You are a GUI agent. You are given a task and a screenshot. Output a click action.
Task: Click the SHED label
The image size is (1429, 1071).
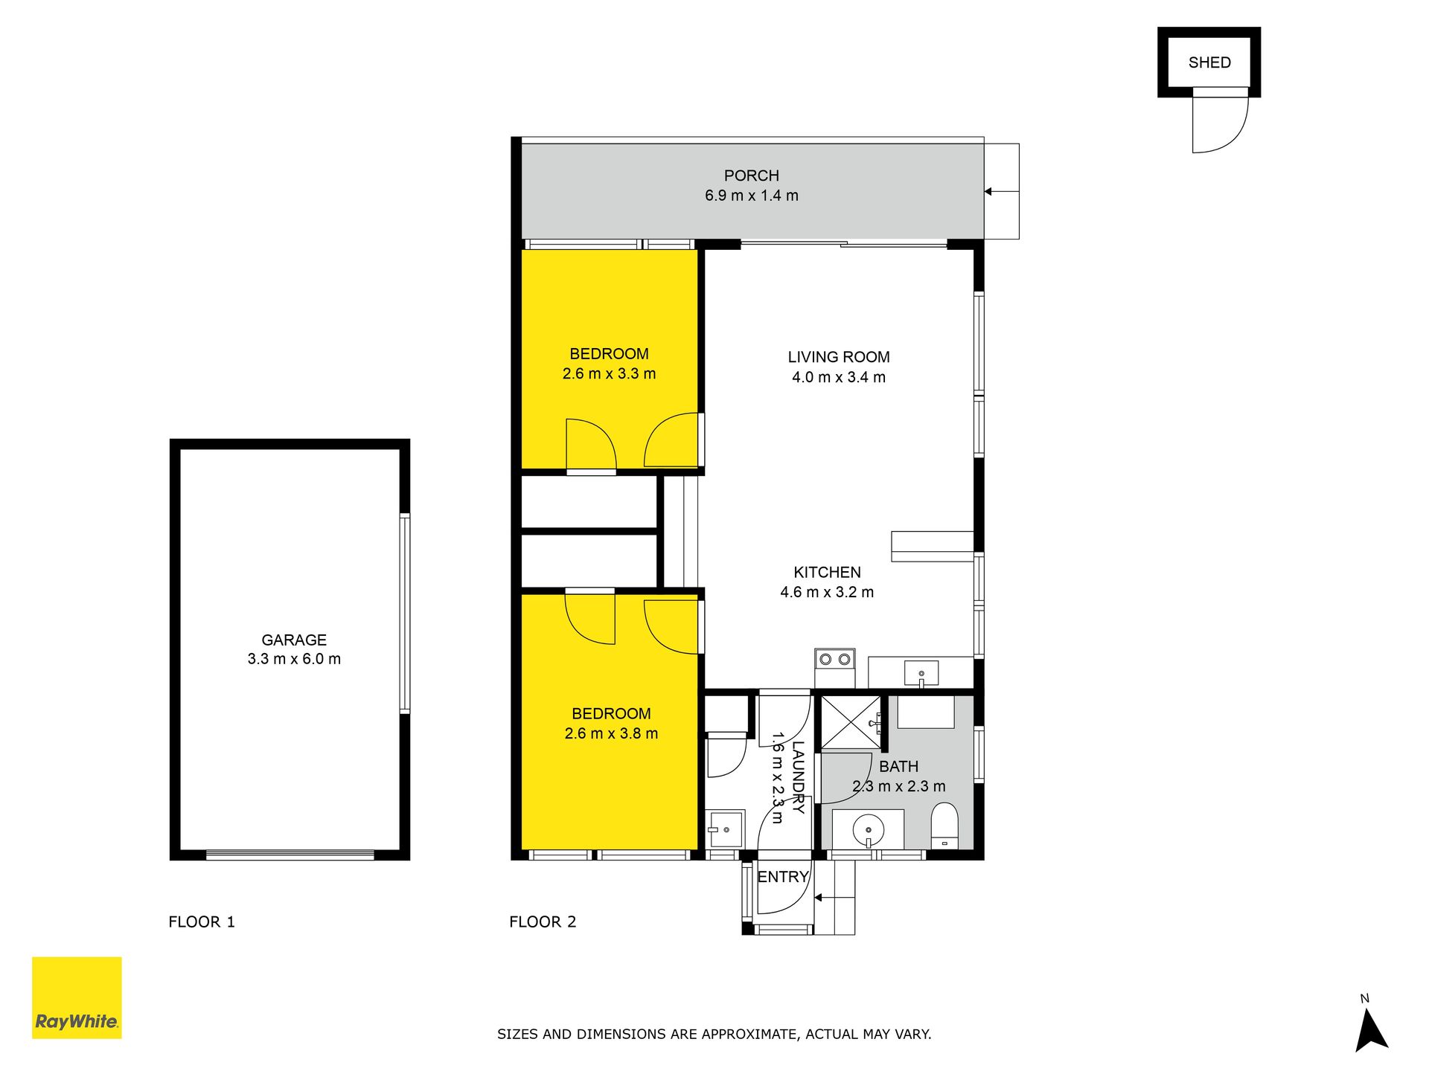[1209, 62]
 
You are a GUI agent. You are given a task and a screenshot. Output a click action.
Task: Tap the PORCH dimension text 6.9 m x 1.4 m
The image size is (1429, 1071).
[752, 196]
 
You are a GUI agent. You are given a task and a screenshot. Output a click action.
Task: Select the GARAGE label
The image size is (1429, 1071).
[294, 640]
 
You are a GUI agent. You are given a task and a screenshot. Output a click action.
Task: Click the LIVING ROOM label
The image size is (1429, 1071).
[839, 357]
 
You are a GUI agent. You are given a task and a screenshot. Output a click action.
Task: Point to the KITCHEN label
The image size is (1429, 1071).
[827, 573]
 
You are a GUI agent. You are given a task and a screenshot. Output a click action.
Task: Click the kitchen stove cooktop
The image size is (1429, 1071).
[834, 659]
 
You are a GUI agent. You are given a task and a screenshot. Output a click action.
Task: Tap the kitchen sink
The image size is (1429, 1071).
[921, 674]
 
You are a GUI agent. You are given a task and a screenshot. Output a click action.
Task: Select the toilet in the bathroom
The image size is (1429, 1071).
[945, 826]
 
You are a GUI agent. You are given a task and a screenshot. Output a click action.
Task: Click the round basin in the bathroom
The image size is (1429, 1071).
[868, 829]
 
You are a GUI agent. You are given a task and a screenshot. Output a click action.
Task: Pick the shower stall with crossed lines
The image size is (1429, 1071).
[850, 722]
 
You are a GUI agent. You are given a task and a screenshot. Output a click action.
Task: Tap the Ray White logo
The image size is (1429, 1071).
[77, 997]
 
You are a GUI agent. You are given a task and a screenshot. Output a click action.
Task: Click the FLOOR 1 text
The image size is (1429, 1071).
[202, 922]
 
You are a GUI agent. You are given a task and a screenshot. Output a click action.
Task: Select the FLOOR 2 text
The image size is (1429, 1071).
[543, 922]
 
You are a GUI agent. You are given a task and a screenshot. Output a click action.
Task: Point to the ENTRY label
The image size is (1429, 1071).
[783, 877]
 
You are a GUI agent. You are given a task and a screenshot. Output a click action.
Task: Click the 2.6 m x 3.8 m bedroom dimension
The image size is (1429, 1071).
[611, 733]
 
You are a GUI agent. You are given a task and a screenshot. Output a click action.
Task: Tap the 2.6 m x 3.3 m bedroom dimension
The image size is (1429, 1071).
[609, 374]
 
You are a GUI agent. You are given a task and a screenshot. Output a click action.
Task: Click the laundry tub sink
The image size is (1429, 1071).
[724, 829]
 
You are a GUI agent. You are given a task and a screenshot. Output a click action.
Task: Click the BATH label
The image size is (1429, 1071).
[898, 767]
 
